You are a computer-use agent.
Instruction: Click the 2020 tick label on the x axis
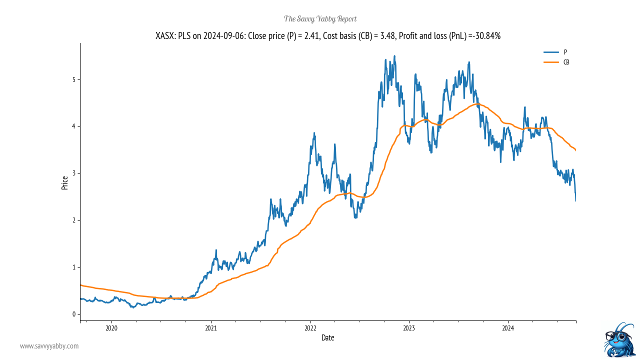click(x=111, y=328)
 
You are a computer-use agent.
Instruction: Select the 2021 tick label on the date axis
click(x=210, y=328)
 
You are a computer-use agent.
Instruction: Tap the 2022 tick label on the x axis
click(x=310, y=328)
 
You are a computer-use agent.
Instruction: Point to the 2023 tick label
click(x=409, y=328)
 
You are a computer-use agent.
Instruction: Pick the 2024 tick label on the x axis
click(x=508, y=328)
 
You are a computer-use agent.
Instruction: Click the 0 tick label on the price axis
click(x=73, y=314)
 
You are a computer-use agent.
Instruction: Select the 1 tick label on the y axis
click(x=73, y=267)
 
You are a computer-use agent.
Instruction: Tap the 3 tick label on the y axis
click(x=73, y=173)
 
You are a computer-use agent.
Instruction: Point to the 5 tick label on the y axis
click(x=73, y=79)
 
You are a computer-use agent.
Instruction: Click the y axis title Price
click(x=64, y=183)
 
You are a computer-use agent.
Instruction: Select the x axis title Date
click(x=328, y=338)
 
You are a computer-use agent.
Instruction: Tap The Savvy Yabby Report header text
click(x=320, y=19)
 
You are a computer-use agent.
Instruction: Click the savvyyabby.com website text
click(x=49, y=346)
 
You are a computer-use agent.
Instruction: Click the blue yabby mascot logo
click(x=619, y=340)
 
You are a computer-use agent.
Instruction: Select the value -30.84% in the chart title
click(x=484, y=36)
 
